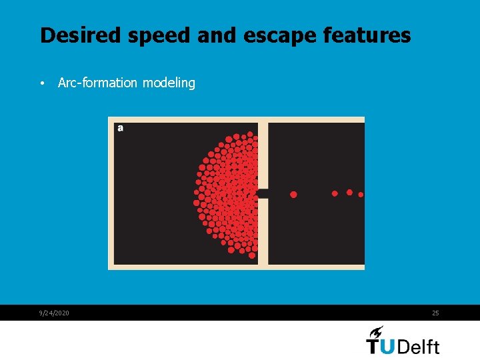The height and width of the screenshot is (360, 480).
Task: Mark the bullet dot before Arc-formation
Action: coord(41,84)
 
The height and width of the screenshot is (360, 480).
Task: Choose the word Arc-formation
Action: coord(98,83)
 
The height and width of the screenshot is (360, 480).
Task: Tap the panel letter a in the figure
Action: coord(120,128)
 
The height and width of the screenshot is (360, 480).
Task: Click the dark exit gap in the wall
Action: coord(263,193)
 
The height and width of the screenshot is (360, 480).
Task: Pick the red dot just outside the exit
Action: coord(293,194)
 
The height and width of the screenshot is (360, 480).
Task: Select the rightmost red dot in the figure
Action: coord(361,195)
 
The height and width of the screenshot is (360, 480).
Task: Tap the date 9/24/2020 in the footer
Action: coord(53,313)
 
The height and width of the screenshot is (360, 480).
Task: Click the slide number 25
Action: coord(435,313)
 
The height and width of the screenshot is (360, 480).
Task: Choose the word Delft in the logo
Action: coord(421,346)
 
